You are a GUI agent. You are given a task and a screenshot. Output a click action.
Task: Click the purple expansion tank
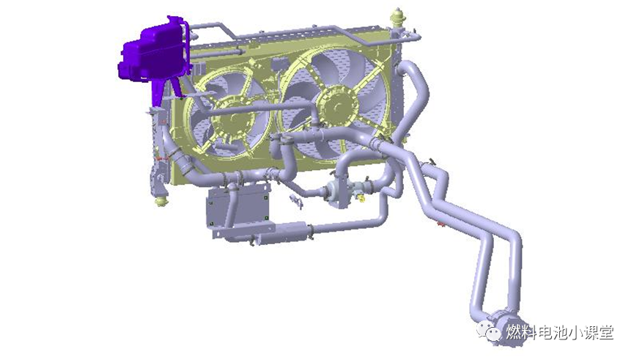(155, 51)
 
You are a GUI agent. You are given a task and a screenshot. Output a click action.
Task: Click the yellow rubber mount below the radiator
(161, 201)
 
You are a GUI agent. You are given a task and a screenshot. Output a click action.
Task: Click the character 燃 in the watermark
(515, 332)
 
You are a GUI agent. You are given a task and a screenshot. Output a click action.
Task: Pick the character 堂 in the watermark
(605, 332)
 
